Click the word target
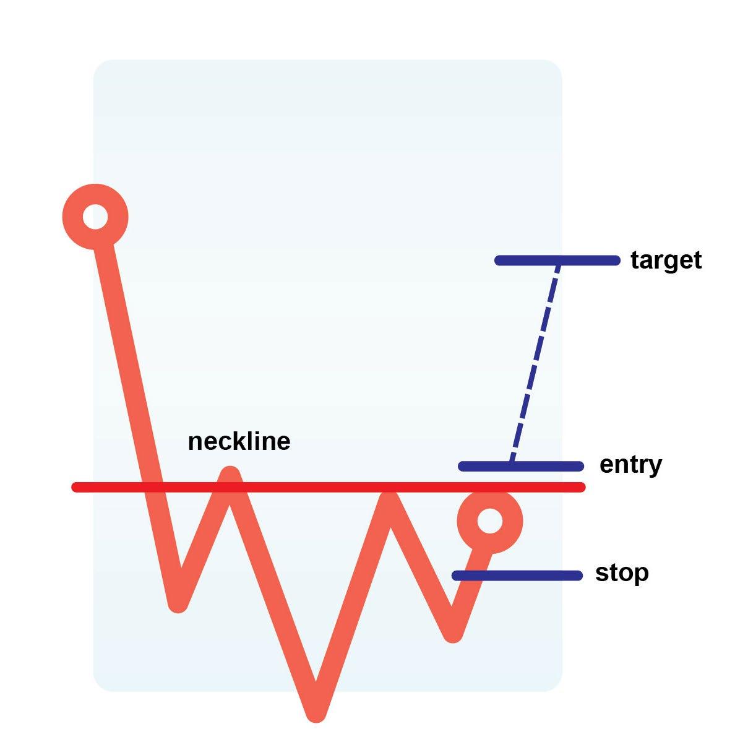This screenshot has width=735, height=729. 666,261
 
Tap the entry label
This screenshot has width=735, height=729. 630,465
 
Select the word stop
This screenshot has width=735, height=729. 622,573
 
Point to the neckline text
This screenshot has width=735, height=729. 239,442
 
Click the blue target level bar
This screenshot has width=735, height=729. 557,261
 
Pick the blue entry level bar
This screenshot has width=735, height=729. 520,466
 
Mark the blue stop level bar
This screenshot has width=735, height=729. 517,576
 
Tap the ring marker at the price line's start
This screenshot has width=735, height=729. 95,217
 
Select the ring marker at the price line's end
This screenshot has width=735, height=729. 490,521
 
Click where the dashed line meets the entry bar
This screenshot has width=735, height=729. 510,464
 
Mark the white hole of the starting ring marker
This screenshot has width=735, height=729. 95,217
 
